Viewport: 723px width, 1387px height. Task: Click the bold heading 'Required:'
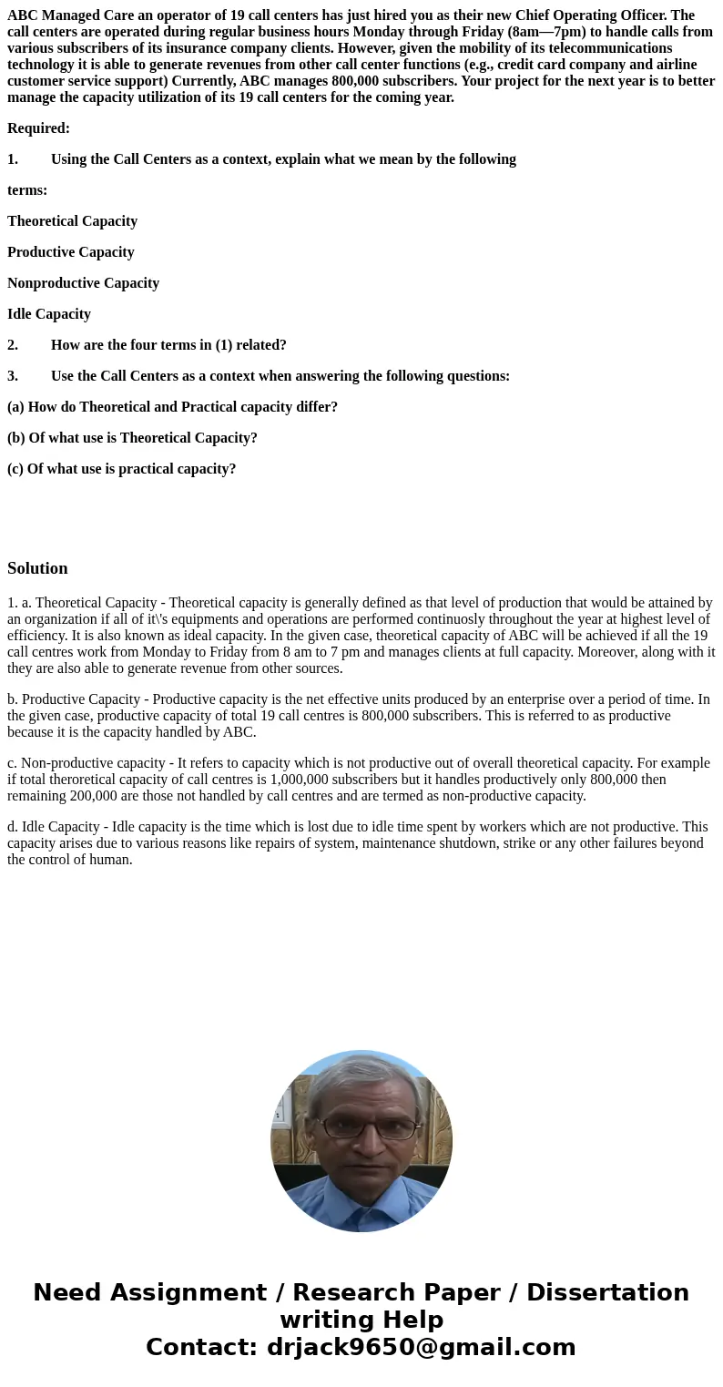pos(38,128)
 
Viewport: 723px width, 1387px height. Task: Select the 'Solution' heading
pos(37,568)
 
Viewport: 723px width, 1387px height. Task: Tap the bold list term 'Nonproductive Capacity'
pos(83,283)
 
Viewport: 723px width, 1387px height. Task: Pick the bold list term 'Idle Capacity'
pos(49,314)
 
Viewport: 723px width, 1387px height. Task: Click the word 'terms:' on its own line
pos(27,190)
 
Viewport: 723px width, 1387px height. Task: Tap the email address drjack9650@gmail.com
pos(421,1348)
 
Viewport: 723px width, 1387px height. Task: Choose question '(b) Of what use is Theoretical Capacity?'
pos(132,438)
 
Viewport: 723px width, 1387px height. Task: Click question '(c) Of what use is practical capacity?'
pos(121,469)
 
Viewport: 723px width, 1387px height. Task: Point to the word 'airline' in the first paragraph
pos(675,65)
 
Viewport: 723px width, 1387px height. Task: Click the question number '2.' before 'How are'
pos(13,345)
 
